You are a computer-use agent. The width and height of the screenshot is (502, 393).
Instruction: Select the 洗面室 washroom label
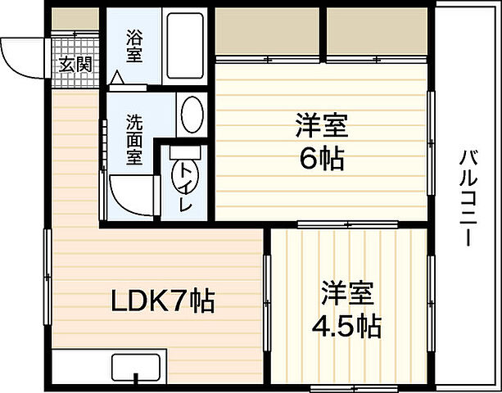(134, 138)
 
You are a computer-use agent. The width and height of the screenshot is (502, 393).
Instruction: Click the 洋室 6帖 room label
(321, 142)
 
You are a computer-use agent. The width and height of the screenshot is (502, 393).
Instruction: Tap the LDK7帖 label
(163, 303)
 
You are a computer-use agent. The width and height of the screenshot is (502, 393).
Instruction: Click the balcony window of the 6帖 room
(431, 131)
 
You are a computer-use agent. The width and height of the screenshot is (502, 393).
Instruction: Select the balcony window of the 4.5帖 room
(431, 287)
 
